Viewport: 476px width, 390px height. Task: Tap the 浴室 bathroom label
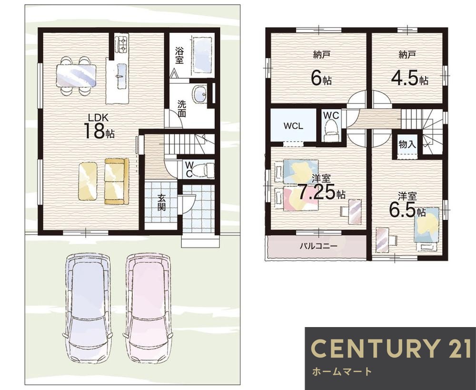pyautogui.click(x=179, y=55)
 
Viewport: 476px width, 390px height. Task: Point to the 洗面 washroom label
pyautogui.click(x=181, y=108)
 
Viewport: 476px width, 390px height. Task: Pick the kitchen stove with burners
pyautogui.click(x=122, y=44)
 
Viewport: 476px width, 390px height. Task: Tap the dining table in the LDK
pyautogui.click(x=76, y=75)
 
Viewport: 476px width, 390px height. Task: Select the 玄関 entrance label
pyautogui.click(x=161, y=203)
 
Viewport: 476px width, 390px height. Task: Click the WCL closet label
pyautogui.click(x=293, y=126)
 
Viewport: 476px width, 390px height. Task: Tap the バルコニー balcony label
pyautogui.click(x=318, y=246)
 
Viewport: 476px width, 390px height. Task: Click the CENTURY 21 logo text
pyautogui.click(x=391, y=348)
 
